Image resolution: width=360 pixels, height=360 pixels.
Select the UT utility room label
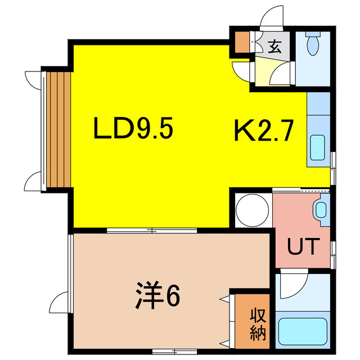point(304,246)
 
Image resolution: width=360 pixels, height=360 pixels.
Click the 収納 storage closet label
point(259,323)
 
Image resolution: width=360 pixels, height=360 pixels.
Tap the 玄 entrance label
point(274,47)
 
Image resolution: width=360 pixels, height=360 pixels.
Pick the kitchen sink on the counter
point(317,148)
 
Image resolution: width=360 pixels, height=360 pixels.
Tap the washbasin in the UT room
point(321,210)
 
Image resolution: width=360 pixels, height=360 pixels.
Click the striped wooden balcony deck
point(58,129)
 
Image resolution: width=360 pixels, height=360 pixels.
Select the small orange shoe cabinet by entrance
point(242,42)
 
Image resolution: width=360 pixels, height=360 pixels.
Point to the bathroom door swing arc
point(292,287)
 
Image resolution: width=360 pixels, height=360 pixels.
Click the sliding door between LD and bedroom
point(152,229)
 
